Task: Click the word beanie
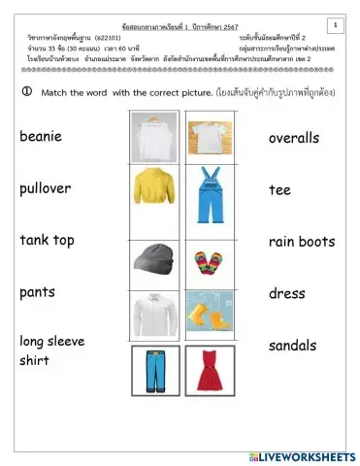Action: coord(42,137)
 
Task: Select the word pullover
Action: coord(46,188)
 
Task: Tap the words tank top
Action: coord(47,240)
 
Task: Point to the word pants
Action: coord(37,291)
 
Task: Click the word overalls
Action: coord(293,138)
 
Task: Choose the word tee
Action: coord(279,189)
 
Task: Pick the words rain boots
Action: coord(302,241)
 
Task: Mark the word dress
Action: coord(287,293)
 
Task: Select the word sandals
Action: coord(293,346)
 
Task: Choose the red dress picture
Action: coord(210,370)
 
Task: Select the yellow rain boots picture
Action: coord(209,313)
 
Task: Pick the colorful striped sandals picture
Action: coord(209,262)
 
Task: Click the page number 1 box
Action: coord(333,24)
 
